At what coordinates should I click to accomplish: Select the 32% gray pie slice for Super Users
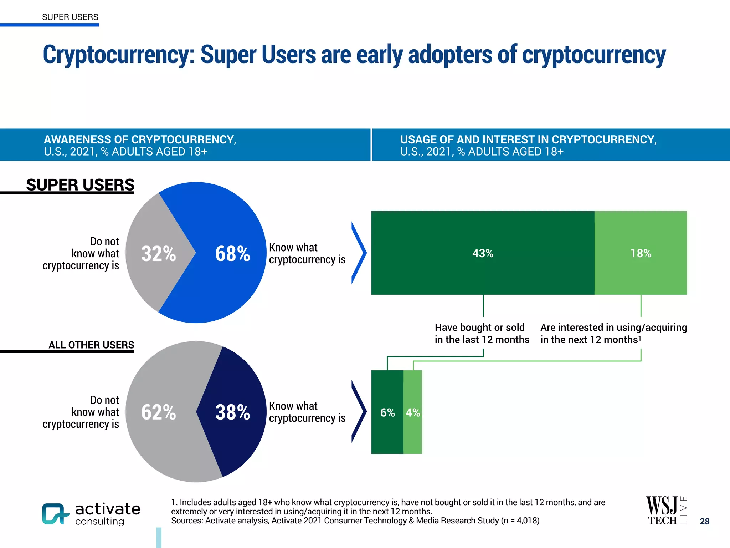[157, 253]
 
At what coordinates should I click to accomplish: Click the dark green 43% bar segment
[483, 253]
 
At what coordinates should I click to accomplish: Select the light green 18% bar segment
[641, 253]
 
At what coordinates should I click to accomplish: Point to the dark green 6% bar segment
[387, 412]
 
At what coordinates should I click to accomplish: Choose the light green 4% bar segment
[413, 412]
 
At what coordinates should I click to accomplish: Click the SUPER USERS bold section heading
[80, 185]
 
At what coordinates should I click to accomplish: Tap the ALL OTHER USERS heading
[91, 345]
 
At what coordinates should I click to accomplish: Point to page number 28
[704, 521]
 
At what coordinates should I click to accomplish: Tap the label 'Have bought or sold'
[479, 328]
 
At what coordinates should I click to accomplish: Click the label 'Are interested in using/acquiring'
[613, 328]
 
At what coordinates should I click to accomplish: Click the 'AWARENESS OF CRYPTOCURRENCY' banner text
[140, 139]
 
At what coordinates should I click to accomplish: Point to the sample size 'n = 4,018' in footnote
[520, 521]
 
